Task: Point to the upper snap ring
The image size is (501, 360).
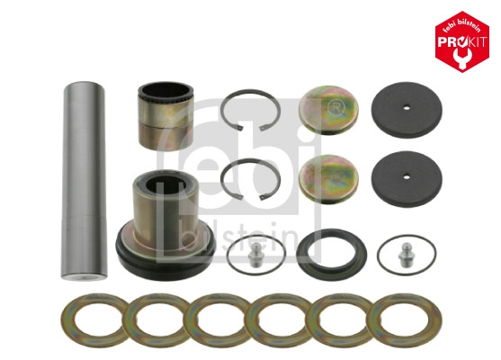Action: pyautogui.click(x=251, y=110)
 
